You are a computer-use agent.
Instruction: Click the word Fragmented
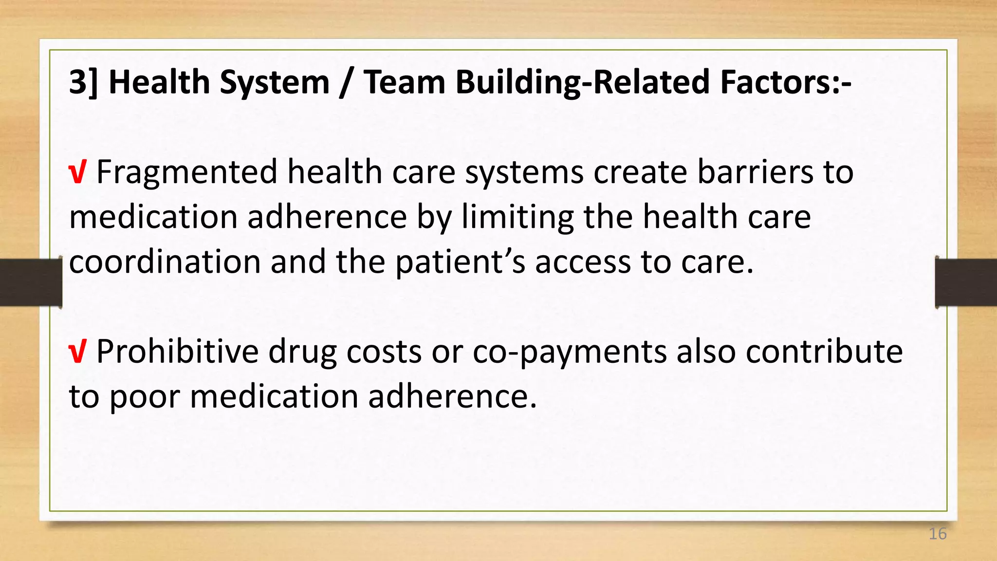[x=186, y=172]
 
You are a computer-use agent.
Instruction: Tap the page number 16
[x=937, y=534]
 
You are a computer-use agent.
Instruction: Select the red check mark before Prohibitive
[x=78, y=352]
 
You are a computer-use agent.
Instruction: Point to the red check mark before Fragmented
[x=78, y=173]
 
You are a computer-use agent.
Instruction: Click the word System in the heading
[x=275, y=83]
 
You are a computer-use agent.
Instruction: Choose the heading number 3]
[x=83, y=82]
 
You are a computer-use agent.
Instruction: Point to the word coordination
[x=165, y=262]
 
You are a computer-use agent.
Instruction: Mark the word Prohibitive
[x=177, y=352]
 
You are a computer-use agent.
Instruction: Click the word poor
[x=144, y=397]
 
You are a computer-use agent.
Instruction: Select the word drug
[x=302, y=353]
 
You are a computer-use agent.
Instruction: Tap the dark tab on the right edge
[x=966, y=282]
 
